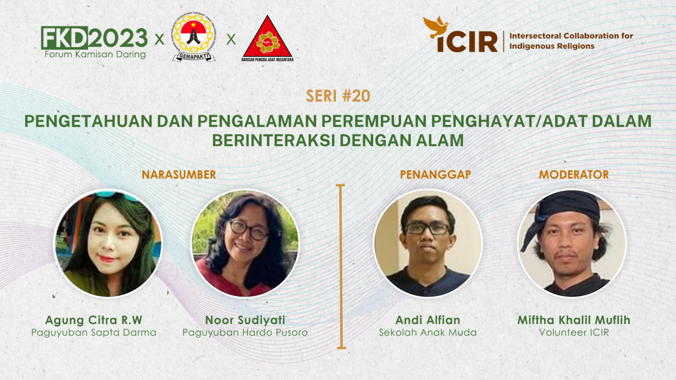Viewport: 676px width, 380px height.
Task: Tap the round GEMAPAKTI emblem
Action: pyautogui.click(x=194, y=37)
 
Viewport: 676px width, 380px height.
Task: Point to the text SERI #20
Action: pyautogui.click(x=338, y=96)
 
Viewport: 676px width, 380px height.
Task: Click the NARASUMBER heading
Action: pyautogui.click(x=179, y=175)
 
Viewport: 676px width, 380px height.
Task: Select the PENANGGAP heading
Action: pyautogui.click(x=435, y=175)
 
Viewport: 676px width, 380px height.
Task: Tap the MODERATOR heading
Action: pyautogui.click(x=574, y=175)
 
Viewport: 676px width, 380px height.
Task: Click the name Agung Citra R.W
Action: pyautogui.click(x=94, y=320)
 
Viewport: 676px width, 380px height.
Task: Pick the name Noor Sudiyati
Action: pyautogui.click(x=245, y=320)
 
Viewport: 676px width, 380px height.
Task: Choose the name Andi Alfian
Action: pyautogui.click(x=427, y=320)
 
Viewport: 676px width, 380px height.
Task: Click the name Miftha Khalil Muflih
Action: pyautogui.click(x=574, y=320)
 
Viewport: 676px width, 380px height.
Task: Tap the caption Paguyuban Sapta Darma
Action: pyautogui.click(x=94, y=332)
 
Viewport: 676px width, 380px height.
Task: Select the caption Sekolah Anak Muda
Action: pyautogui.click(x=427, y=332)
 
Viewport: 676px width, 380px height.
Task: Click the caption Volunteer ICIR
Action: pyautogui.click(x=574, y=332)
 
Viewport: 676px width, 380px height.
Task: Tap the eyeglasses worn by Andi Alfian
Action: pyautogui.click(x=427, y=229)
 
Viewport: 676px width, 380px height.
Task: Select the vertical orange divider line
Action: pyautogui.click(x=341, y=266)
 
